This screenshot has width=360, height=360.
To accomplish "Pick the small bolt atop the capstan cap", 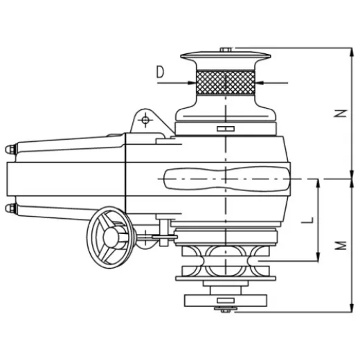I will (x=226, y=48).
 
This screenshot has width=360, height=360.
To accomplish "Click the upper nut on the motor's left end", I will (x=9, y=149).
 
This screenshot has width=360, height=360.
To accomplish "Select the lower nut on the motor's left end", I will (x=9, y=208).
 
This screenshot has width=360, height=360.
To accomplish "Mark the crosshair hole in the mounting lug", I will (x=145, y=121).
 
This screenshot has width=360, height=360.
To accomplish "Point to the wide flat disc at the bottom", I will (x=226, y=302).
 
